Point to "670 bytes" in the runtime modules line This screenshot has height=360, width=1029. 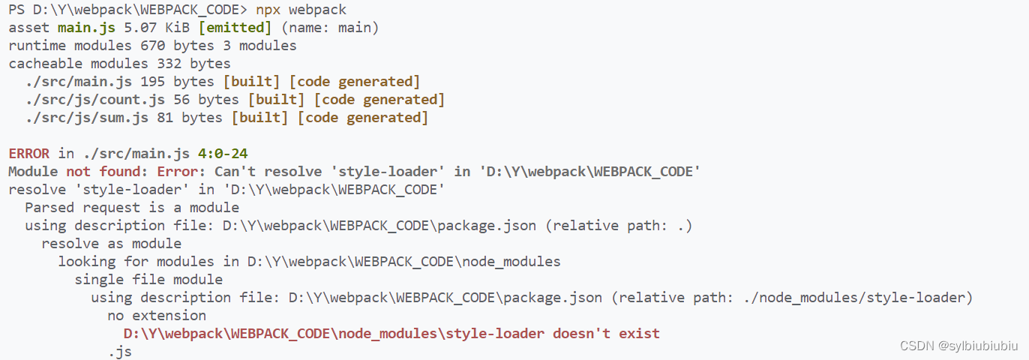pyautogui.click(x=178, y=46)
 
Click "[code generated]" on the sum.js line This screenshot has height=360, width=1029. pyautogui.click(x=363, y=118)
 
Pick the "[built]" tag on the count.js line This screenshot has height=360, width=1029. pyautogui.click(x=277, y=100)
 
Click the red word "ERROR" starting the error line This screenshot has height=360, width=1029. pyautogui.click(x=29, y=154)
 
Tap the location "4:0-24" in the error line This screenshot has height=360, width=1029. pyautogui.click(x=223, y=154)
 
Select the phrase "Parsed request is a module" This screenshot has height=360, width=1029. pyautogui.click(x=132, y=208)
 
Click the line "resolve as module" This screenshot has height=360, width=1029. pyautogui.click(x=112, y=244)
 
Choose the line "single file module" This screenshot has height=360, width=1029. pyautogui.click(x=148, y=280)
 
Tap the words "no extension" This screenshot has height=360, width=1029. pyautogui.click(x=157, y=316)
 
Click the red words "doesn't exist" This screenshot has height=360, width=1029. pyautogui.click(x=606, y=334)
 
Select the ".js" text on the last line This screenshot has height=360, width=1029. pyautogui.click(x=120, y=351)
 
